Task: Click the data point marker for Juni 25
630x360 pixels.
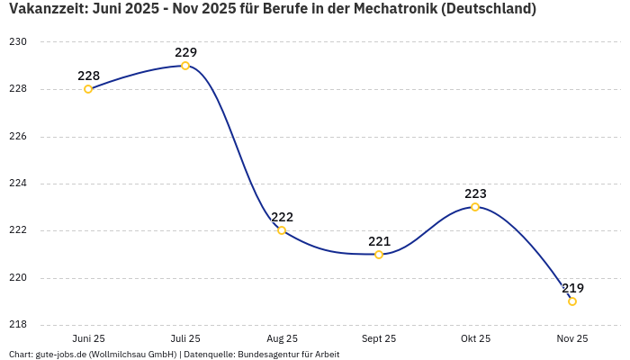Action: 88,89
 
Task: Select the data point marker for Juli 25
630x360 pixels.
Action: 185,66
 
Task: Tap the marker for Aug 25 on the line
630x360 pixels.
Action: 282,230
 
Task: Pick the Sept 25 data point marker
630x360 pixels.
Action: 379,255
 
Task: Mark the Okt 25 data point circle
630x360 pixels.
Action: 475,207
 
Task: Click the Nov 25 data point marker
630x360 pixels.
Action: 572,301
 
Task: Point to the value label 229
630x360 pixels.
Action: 185,52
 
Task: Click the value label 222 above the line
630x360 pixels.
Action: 282,217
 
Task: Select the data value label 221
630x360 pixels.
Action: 379,241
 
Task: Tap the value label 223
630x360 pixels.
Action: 475,193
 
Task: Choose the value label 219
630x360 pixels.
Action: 572,288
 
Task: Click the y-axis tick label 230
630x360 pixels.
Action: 18,42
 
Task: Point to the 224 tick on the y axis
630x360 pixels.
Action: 18,184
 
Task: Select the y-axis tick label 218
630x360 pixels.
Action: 18,325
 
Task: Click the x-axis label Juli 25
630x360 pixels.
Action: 185,338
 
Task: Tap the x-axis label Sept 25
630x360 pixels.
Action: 379,338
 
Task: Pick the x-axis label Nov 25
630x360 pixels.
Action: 572,338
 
